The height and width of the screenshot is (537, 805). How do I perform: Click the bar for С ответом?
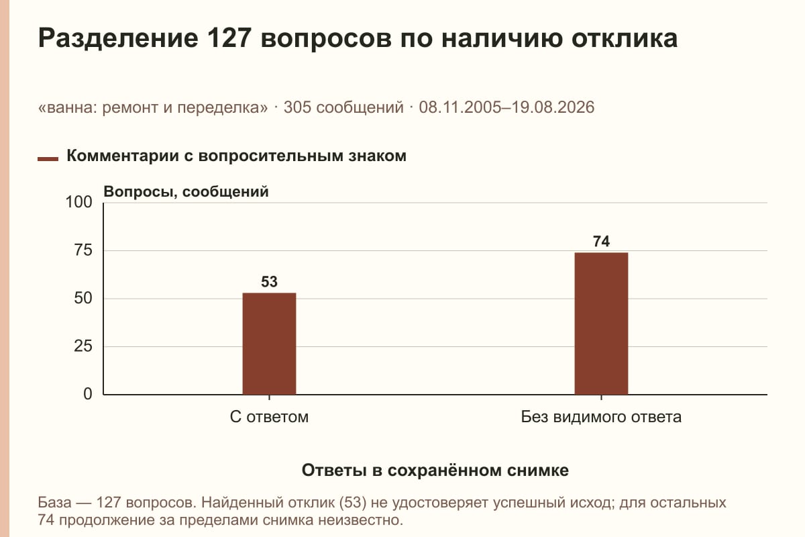coord(269,344)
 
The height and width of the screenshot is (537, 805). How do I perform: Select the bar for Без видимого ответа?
coord(601,324)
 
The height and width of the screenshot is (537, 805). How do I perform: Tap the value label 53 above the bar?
coord(269,282)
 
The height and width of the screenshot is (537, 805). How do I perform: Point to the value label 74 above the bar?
coord(601,242)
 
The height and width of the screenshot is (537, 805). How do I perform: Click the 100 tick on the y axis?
coord(78,202)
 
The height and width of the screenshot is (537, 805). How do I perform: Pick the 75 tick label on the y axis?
coord(83,250)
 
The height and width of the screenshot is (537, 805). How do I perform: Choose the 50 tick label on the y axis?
coord(83,298)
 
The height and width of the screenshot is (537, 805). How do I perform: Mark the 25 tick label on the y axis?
coord(83,346)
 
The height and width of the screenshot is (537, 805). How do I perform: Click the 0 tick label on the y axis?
coord(88,394)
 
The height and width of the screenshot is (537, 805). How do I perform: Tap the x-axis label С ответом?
coord(269,418)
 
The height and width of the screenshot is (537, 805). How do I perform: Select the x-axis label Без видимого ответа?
coord(601,418)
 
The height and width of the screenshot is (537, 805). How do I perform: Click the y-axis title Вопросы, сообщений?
coord(186,192)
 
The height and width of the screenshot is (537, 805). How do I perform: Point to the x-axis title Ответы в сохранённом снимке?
coord(435,471)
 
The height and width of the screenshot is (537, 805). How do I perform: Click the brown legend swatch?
coord(48,159)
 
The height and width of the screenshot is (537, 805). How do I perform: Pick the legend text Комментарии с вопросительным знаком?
coord(236,156)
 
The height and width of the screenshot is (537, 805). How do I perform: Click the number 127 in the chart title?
coord(229,38)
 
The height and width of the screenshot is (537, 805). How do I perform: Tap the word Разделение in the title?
coord(118,39)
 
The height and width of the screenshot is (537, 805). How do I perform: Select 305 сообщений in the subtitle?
coord(343,107)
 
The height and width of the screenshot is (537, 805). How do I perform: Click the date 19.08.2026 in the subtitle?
coord(553,107)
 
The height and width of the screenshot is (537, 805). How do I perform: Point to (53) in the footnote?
coord(353,503)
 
